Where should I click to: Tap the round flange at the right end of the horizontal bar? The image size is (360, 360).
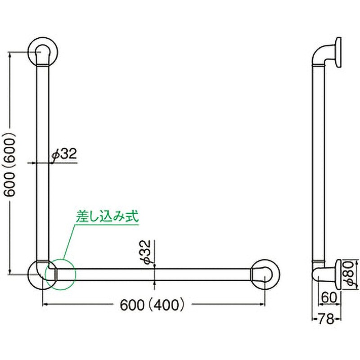267,273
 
